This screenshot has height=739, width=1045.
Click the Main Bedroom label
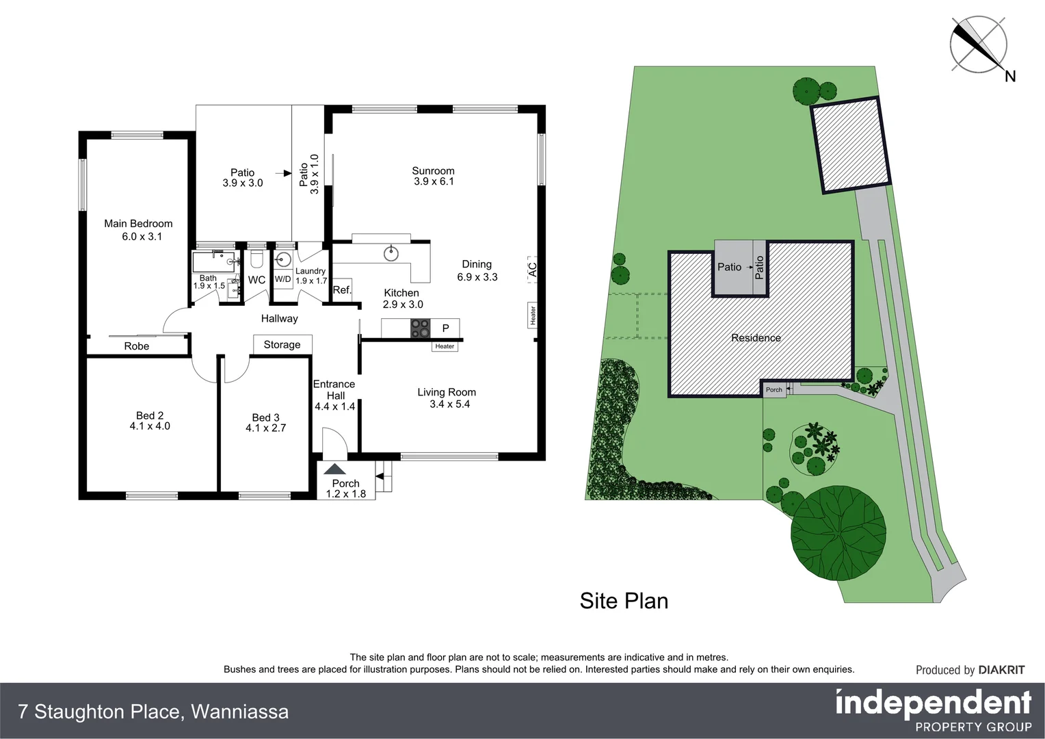(138, 224)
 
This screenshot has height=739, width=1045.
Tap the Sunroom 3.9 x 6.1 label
(433, 176)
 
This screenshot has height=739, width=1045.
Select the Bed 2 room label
(150, 415)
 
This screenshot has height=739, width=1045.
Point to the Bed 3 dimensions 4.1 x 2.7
(265, 428)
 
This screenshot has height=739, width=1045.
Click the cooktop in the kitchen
(420, 328)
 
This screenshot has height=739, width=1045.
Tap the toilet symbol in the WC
(257, 259)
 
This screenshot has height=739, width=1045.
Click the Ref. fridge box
(342, 289)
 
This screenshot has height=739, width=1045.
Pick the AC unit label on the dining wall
(532, 269)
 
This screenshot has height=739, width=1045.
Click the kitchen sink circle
(391, 253)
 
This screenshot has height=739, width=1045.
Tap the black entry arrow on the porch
(335, 469)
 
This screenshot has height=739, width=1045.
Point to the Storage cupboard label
(282, 345)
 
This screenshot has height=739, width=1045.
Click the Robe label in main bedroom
(137, 346)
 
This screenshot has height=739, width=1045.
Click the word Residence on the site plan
(756, 337)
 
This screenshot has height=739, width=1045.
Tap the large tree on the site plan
(838, 532)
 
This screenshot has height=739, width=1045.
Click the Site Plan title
(624, 601)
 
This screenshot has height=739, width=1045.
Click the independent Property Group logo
(933, 711)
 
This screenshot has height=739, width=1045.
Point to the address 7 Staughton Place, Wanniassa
(154, 712)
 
